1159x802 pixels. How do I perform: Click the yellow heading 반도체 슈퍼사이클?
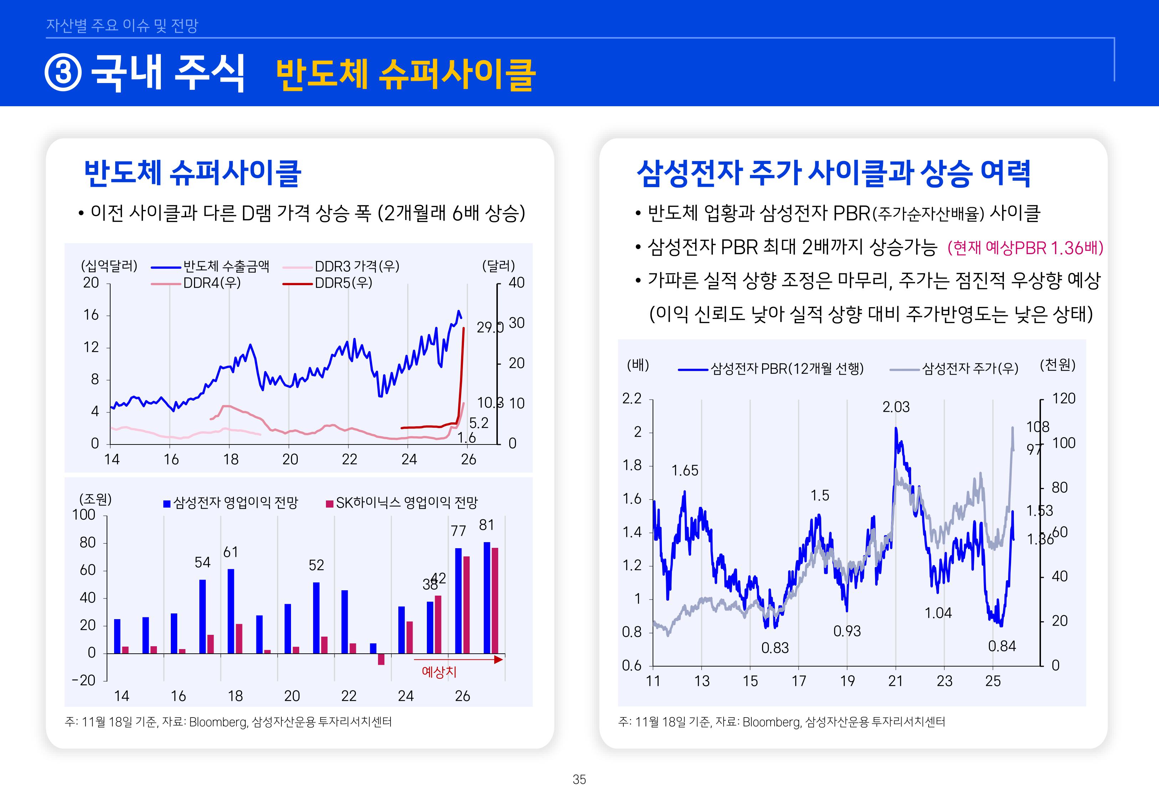click(x=405, y=74)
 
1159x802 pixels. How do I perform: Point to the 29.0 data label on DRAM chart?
click(x=489, y=328)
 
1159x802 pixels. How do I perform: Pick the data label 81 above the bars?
click(x=486, y=525)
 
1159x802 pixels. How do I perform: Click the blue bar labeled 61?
click(x=231, y=611)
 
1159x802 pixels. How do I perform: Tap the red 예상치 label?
click(x=439, y=672)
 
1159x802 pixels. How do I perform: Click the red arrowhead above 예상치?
click(x=498, y=659)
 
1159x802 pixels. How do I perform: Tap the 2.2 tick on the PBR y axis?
click(x=632, y=399)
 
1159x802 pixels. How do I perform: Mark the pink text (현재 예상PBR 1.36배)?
click(x=1025, y=248)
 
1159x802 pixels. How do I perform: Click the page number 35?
click(x=579, y=780)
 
